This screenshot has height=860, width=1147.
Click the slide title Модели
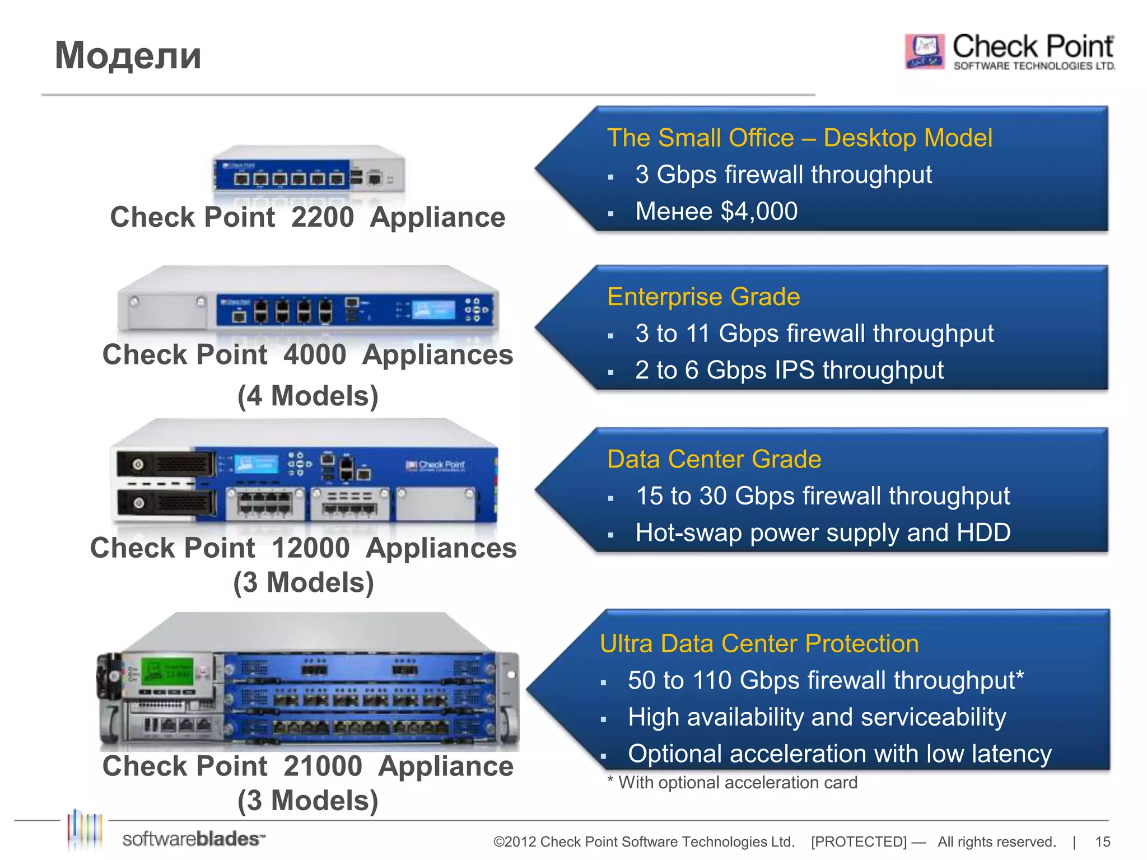128,56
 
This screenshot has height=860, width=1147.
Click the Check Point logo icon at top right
925,51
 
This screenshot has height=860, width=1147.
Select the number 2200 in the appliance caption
323,217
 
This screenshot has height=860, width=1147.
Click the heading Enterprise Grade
703,297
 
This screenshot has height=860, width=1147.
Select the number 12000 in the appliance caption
311,548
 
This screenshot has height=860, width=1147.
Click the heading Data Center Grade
714,459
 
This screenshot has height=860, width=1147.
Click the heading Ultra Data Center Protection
759,644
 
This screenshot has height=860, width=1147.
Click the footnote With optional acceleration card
737,783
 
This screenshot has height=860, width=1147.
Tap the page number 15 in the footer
1102,842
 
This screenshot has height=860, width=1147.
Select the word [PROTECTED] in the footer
859,842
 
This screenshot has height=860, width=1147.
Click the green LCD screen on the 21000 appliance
166,671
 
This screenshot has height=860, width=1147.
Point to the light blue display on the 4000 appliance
433,310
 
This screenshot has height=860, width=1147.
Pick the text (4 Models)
307,396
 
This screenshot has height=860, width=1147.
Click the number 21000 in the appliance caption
323,766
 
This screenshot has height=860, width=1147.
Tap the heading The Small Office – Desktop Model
799,138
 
